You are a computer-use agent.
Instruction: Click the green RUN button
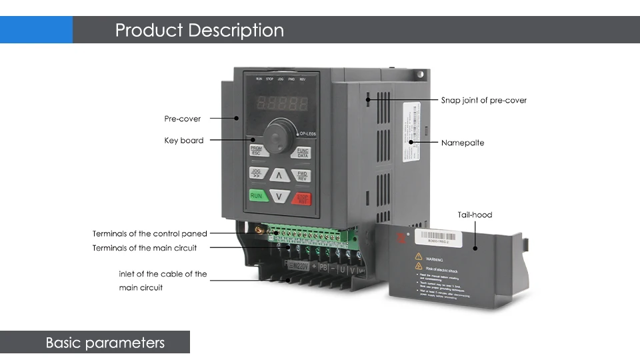[x=257, y=196]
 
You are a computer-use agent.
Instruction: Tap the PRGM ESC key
[x=257, y=151]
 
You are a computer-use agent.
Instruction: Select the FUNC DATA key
[x=302, y=153]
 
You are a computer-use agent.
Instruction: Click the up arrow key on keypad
[x=280, y=175]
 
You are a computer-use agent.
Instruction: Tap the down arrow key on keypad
[x=280, y=197]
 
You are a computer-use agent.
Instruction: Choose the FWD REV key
[x=302, y=175]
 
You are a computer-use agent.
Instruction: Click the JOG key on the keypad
[x=257, y=173]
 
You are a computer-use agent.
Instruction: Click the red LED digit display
[x=283, y=104]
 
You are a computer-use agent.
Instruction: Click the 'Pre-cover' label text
[x=182, y=119]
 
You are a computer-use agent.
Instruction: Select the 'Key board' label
[x=184, y=141]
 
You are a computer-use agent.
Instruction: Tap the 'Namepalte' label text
[x=463, y=143]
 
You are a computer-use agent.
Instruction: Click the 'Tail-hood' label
[x=475, y=215]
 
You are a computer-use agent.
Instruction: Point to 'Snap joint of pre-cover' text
[x=484, y=101]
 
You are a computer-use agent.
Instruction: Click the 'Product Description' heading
[x=199, y=30]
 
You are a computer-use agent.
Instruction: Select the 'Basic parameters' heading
[x=105, y=343]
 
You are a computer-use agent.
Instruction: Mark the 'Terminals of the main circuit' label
[x=145, y=248]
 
